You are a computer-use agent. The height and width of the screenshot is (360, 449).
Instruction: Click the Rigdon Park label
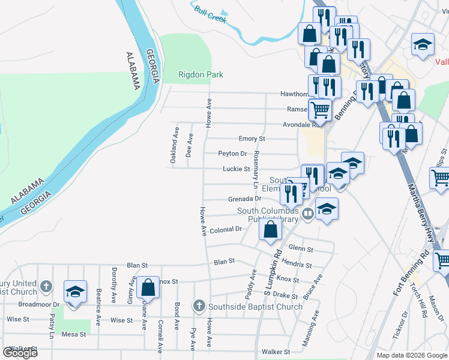pyautogui.click(x=200, y=75)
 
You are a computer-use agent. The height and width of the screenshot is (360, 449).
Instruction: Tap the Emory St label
pyautogui.click(x=252, y=139)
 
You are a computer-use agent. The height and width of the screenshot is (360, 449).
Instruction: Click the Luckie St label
pyautogui.click(x=236, y=169)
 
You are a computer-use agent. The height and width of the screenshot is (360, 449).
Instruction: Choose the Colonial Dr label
pyautogui.click(x=226, y=229)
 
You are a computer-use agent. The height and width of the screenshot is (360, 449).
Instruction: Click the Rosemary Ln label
pyautogui.click(x=256, y=168)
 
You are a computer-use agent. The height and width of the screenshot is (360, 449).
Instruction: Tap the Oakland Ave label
pyautogui.click(x=175, y=145)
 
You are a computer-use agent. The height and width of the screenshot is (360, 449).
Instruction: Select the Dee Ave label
pyautogui.click(x=190, y=145)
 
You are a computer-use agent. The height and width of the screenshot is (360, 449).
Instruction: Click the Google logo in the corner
pyautogui.click(x=20, y=353)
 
